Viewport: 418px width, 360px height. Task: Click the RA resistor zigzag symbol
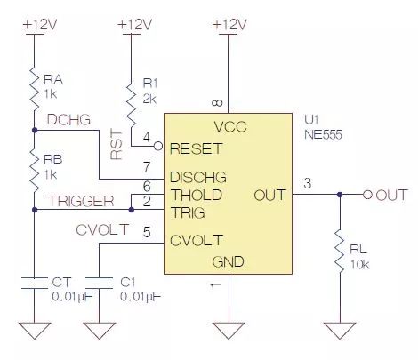pyautogui.click(x=35, y=89)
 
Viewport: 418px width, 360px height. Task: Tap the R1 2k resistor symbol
pyautogui.click(x=131, y=102)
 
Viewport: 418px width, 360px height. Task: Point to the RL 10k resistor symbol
pyautogui.click(x=340, y=251)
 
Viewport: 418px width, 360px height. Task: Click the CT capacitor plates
pyautogui.click(x=35, y=284)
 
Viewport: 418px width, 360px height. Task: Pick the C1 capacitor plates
pyautogui.click(x=99, y=284)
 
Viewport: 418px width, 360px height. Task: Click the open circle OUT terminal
pyautogui.click(x=367, y=195)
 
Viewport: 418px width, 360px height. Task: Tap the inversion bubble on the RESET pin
pyautogui.click(x=158, y=146)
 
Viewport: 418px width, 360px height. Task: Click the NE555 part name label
pyautogui.click(x=323, y=135)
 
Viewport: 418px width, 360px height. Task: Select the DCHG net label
pyautogui.click(x=68, y=120)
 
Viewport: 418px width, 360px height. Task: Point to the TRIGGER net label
pyautogui.click(x=81, y=201)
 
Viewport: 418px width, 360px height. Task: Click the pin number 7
pyautogui.click(x=147, y=167)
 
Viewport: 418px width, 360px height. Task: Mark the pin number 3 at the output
pyautogui.click(x=308, y=183)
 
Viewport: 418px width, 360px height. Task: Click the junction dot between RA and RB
pyautogui.click(x=35, y=130)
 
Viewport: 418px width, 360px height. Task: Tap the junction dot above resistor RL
pyautogui.click(x=340, y=195)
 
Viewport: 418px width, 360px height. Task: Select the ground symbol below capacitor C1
pyautogui.click(x=99, y=331)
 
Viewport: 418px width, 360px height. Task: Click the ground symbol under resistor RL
pyautogui.click(x=340, y=331)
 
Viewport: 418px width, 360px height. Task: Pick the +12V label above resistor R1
pyautogui.click(x=135, y=25)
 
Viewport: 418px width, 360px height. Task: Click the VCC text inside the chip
pyautogui.click(x=230, y=127)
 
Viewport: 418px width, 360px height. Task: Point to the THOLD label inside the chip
pyautogui.click(x=197, y=195)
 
